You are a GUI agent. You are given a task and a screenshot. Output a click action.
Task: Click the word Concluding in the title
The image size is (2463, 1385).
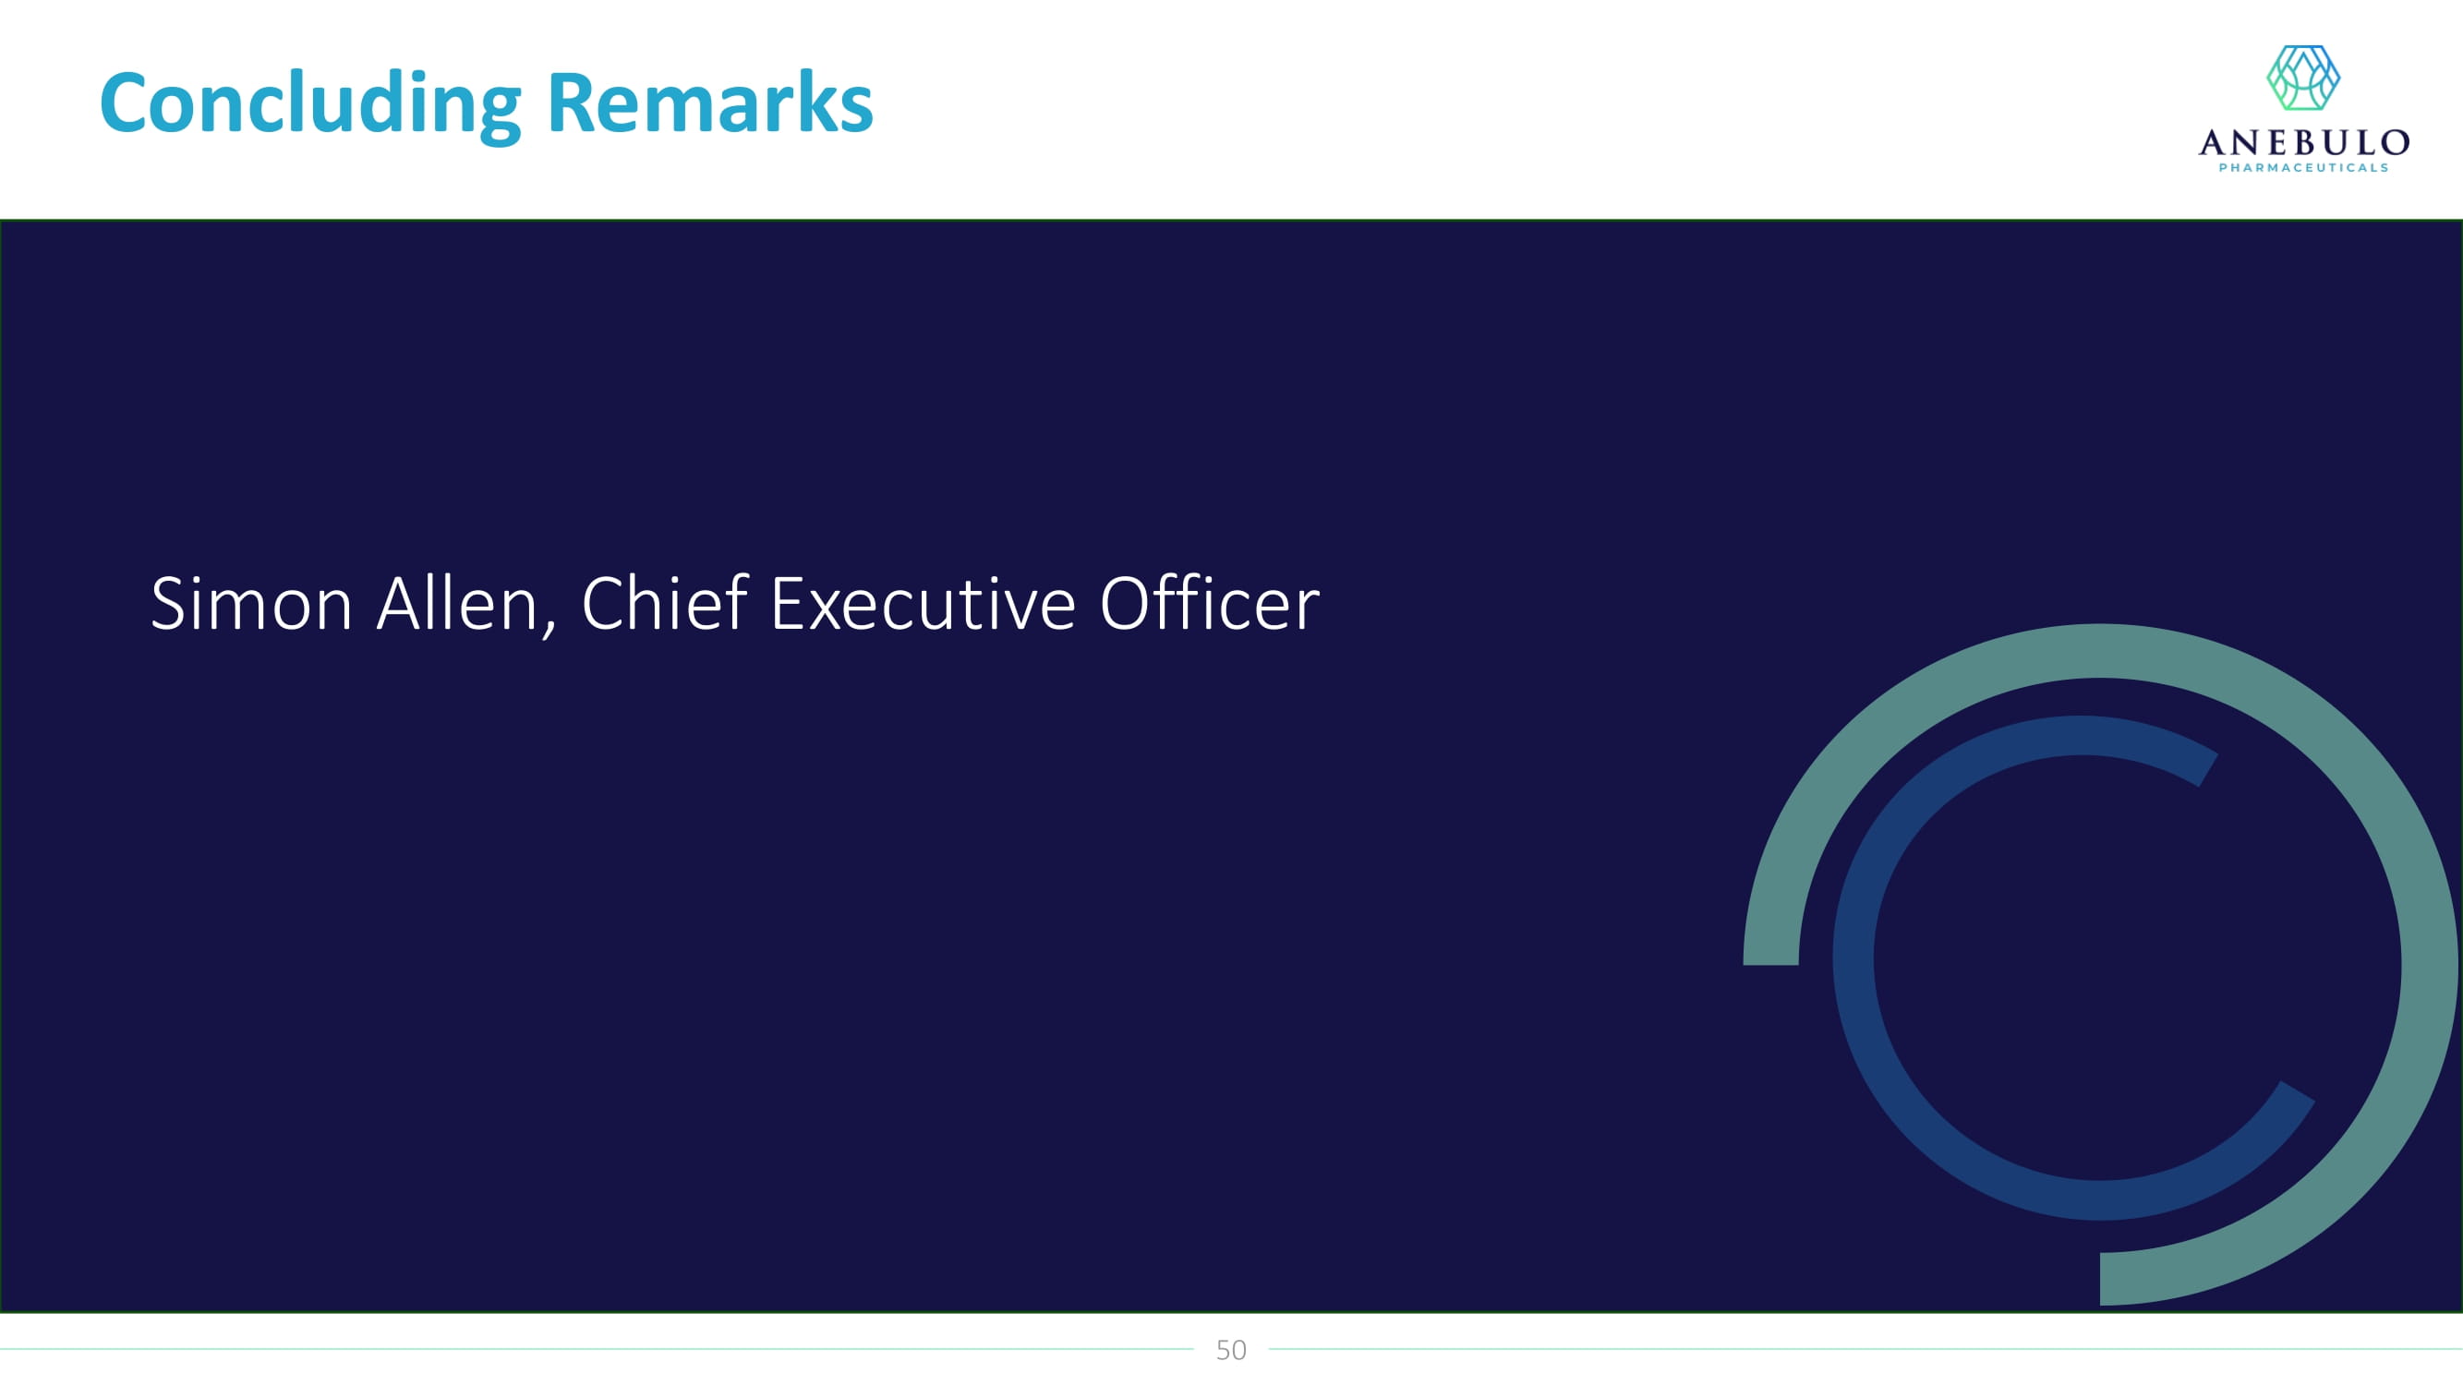(310, 104)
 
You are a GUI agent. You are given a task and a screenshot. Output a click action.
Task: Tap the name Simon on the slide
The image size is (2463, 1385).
(251, 603)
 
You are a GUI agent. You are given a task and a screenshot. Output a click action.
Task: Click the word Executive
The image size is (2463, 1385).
(924, 604)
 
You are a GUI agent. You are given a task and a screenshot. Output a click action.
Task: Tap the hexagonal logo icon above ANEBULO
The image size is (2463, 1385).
(2303, 78)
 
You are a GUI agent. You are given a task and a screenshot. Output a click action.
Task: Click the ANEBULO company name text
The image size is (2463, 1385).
(2303, 142)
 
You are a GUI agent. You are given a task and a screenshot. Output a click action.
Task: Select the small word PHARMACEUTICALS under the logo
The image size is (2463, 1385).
(2303, 168)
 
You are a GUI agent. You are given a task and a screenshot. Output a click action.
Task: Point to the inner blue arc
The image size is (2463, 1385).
(1853, 966)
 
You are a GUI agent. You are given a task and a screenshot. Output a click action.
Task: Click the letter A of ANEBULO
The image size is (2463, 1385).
(2213, 142)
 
